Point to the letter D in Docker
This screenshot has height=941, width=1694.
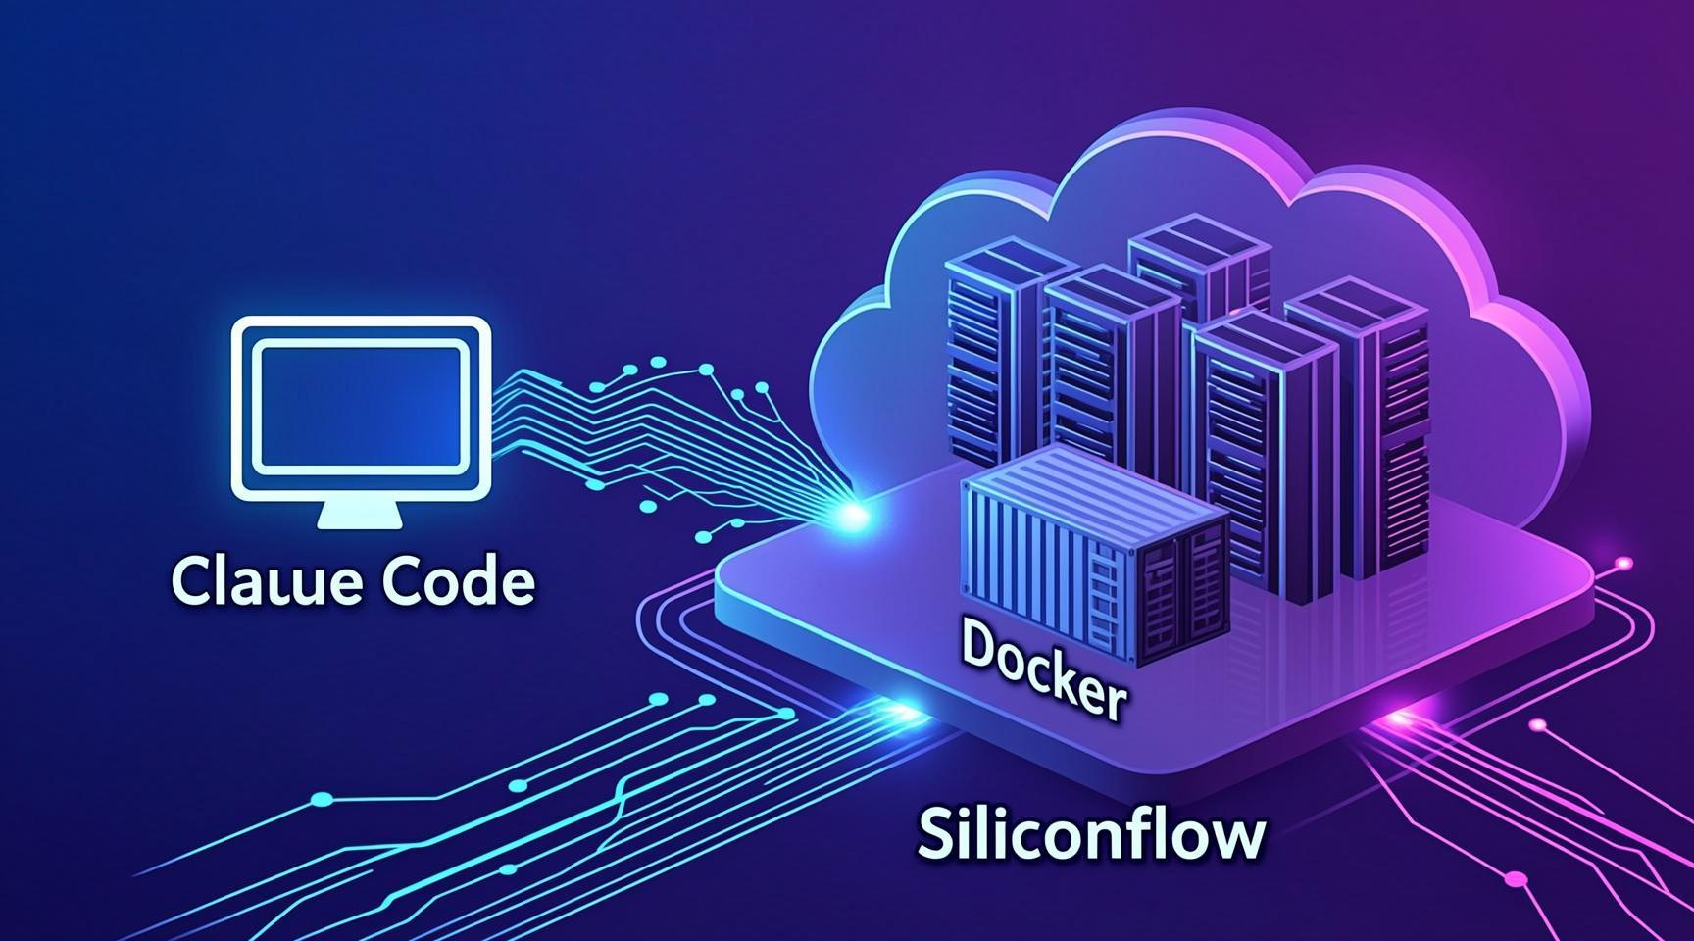(x=980, y=642)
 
